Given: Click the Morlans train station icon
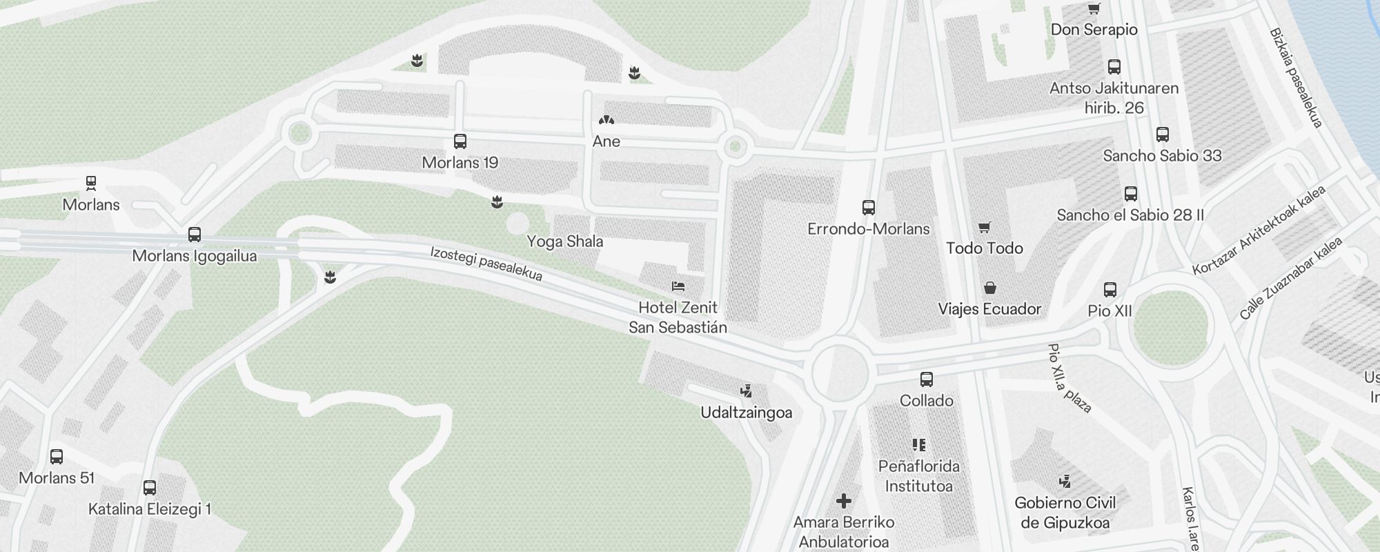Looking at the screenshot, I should coord(91,183).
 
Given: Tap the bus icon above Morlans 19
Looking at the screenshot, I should coord(460,141).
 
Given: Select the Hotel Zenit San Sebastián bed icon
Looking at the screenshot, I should coord(678,286).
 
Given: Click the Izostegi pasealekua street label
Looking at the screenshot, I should coord(486,264).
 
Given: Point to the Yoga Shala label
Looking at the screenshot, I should coord(564,241).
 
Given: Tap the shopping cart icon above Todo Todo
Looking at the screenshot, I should coord(985,227).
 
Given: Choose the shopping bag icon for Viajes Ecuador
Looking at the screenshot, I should coord(990,288).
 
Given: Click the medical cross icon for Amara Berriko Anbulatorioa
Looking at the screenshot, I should coord(844,500).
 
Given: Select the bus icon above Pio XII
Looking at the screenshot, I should coord(1110,290).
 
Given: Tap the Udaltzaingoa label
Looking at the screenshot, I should coord(746,413).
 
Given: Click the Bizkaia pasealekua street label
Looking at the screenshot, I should coord(1296,77).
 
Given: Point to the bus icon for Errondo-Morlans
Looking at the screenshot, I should coord(869,207).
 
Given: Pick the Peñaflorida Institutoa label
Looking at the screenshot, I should coord(918,476).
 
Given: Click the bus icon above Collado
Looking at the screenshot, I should coord(927,379).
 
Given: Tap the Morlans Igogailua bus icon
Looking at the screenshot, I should coord(195,235).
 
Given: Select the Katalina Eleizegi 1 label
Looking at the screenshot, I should coord(150,509).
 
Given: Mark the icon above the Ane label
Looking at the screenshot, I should coord(607,120).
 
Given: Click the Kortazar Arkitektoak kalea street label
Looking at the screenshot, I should coord(1259,230).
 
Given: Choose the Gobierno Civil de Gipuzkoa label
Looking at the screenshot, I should coord(1065,513).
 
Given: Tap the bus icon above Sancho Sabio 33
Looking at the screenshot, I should coord(1163,134).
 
